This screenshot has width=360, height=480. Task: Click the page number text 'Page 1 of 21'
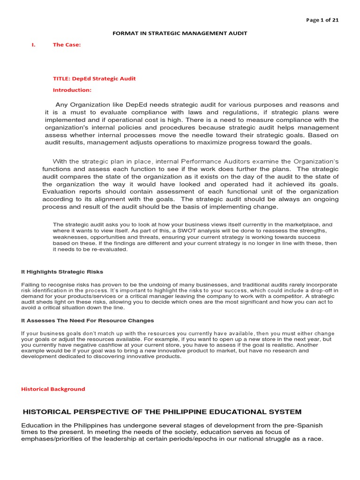point(322,20)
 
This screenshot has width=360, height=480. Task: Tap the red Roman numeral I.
point(33,45)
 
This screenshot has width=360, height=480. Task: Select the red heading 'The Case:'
point(67,45)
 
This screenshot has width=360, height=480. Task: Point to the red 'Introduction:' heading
point(72,90)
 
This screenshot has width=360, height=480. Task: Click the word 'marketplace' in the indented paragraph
point(293,225)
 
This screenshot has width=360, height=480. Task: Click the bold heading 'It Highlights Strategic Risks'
point(62,272)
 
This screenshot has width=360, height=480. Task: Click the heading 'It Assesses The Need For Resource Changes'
point(87,321)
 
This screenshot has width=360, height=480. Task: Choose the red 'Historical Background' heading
point(53,389)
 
